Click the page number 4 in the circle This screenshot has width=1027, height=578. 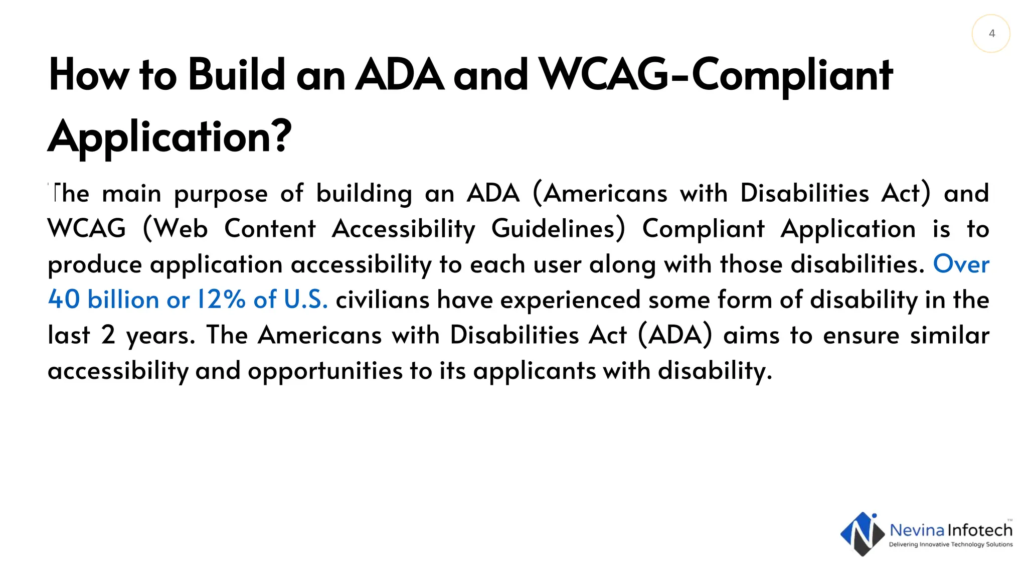tap(991, 34)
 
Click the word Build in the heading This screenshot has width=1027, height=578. tap(236, 75)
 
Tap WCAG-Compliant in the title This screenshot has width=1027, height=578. tap(716, 75)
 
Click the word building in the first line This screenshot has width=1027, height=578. tap(364, 194)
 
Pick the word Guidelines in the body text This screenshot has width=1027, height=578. tap(558, 229)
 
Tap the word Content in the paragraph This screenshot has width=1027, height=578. tap(270, 229)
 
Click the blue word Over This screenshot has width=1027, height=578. tap(961, 264)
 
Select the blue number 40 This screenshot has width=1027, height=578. tap(64, 300)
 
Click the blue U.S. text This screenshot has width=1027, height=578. tap(305, 300)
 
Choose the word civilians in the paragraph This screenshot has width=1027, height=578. tap(383, 300)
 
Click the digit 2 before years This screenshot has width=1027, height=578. tap(108, 335)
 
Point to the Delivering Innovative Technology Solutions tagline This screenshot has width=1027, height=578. tap(950, 544)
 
